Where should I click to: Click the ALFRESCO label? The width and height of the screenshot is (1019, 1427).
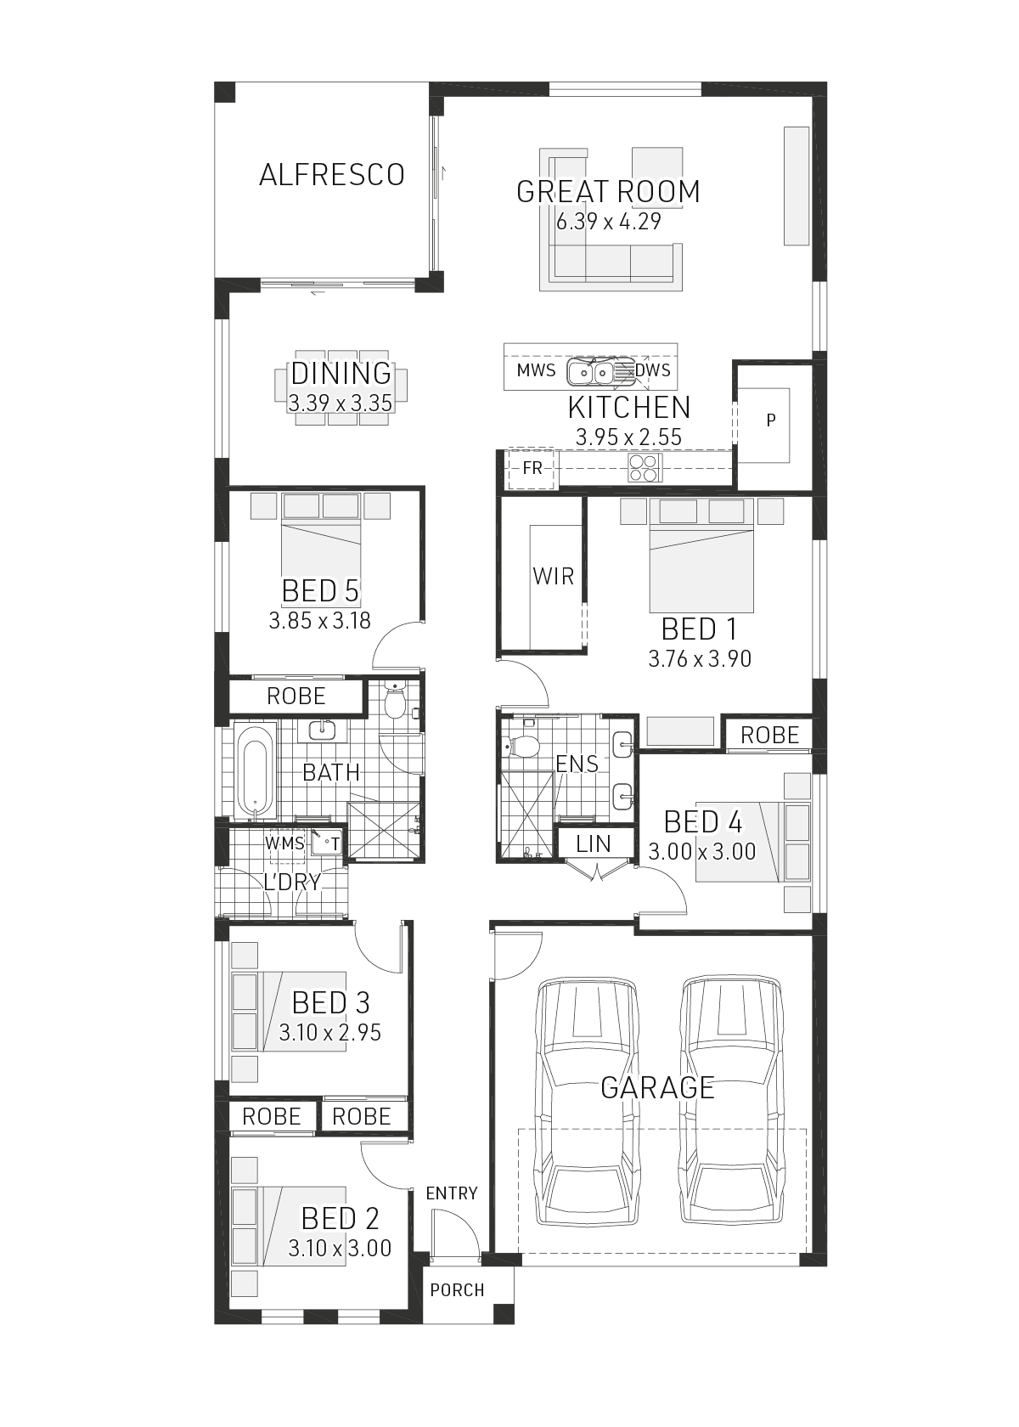(332, 175)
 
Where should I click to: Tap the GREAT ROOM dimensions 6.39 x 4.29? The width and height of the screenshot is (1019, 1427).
(608, 222)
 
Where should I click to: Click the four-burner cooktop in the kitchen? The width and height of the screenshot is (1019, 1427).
(645, 467)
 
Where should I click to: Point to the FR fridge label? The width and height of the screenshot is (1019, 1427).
(532, 468)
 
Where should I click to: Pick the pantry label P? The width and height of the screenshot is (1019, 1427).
(771, 420)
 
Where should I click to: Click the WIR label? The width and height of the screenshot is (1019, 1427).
(554, 577)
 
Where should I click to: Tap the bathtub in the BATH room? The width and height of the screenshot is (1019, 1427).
(255, 771)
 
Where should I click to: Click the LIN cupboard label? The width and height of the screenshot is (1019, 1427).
(593, 844)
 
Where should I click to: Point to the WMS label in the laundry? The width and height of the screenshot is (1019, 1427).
(284, 843)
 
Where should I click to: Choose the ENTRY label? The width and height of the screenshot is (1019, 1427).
(452, 1193)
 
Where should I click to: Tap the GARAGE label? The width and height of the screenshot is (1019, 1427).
(657, 1087)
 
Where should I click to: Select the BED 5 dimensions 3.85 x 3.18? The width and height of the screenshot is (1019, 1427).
(319, 620)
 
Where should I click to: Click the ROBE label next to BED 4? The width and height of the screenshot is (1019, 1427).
(769, 736)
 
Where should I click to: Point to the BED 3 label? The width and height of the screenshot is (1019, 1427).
(330, 1002)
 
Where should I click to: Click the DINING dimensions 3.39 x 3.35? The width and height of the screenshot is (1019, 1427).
(340, 403)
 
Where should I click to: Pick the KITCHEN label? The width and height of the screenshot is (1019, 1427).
(629, 408)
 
